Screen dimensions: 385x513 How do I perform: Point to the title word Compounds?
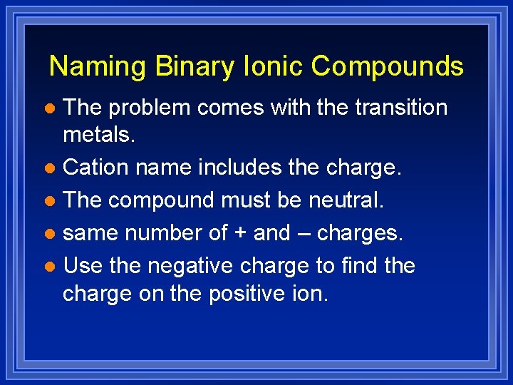387,67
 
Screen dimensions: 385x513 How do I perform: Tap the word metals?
98,135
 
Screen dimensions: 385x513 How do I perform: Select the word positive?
242,293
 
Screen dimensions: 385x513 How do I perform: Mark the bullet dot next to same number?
49,234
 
